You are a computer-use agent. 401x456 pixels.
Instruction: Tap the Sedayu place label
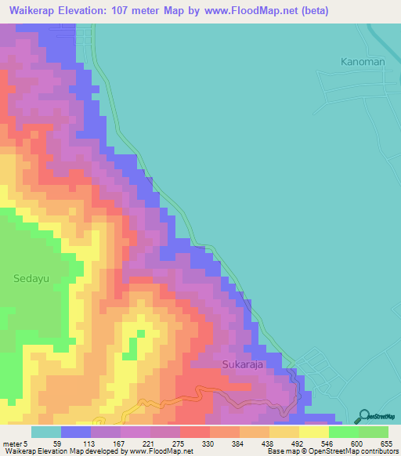coord(32,277)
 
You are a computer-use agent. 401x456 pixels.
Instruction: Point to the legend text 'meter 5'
coord(16,443)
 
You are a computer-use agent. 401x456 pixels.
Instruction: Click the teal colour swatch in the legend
coord(46,432)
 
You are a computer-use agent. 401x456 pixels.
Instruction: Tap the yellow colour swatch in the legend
coord(314,432)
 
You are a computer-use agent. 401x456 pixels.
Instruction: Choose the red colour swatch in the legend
coord(195,432)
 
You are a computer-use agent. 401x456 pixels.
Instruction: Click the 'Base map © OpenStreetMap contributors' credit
coord(332,451)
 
